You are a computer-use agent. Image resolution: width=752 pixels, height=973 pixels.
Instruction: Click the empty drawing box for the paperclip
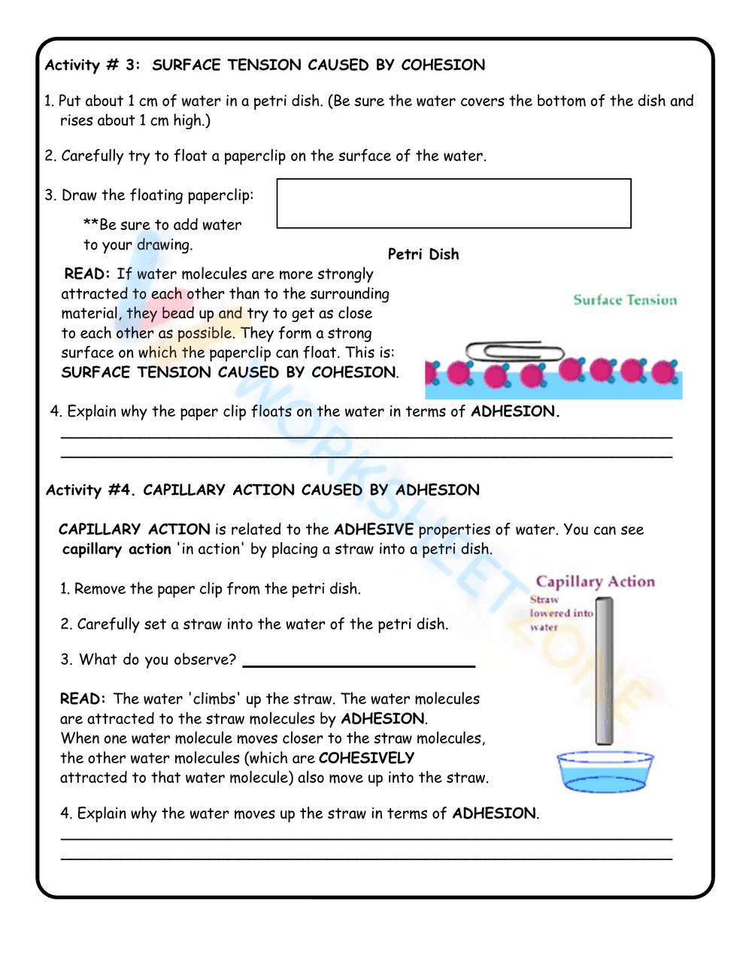click(x=453, y=203)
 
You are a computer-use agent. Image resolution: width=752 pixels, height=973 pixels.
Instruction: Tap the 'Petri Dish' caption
click(x=423, y=254)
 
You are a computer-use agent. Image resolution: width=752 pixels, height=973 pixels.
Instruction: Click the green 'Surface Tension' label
click(x=625, y=300)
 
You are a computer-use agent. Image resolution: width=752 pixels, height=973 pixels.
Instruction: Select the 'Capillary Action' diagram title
click(x=595, y=581)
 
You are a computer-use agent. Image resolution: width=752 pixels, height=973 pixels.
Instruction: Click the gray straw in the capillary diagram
click(x=604, y=669)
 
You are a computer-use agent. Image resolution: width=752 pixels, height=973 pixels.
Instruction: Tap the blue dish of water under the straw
click(x=605, y=771)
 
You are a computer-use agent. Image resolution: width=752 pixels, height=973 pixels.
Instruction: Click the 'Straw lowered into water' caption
click(x=560, y=613)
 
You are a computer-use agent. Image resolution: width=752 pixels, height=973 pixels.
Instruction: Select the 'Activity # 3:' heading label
click(x=92, y=65)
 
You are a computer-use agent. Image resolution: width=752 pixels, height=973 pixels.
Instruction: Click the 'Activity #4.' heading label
click(x=90, y=490)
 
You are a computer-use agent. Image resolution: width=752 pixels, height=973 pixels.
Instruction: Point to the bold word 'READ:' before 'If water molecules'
click(x=87, y=274)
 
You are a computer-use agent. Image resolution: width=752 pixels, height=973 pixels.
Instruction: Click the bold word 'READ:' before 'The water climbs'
click(x=83, y=699)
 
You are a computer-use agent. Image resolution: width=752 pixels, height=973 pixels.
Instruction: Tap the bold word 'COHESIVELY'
click(x=366, y=758)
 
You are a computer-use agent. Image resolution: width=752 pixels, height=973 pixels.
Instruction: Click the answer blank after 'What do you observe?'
click(x=359, y=661)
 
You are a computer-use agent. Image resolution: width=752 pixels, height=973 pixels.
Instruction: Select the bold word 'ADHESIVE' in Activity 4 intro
click(x=374, y=529)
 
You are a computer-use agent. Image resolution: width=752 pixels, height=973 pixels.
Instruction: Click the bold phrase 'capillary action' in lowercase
click(x=117, y=549)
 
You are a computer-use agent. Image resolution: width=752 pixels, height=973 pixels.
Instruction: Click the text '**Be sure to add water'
click(x=162, y=225)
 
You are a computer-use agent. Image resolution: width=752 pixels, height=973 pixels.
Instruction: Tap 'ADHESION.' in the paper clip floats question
click(x=515, y=411)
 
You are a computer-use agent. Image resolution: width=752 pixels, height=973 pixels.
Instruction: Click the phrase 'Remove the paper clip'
click(x=147, y=589)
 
